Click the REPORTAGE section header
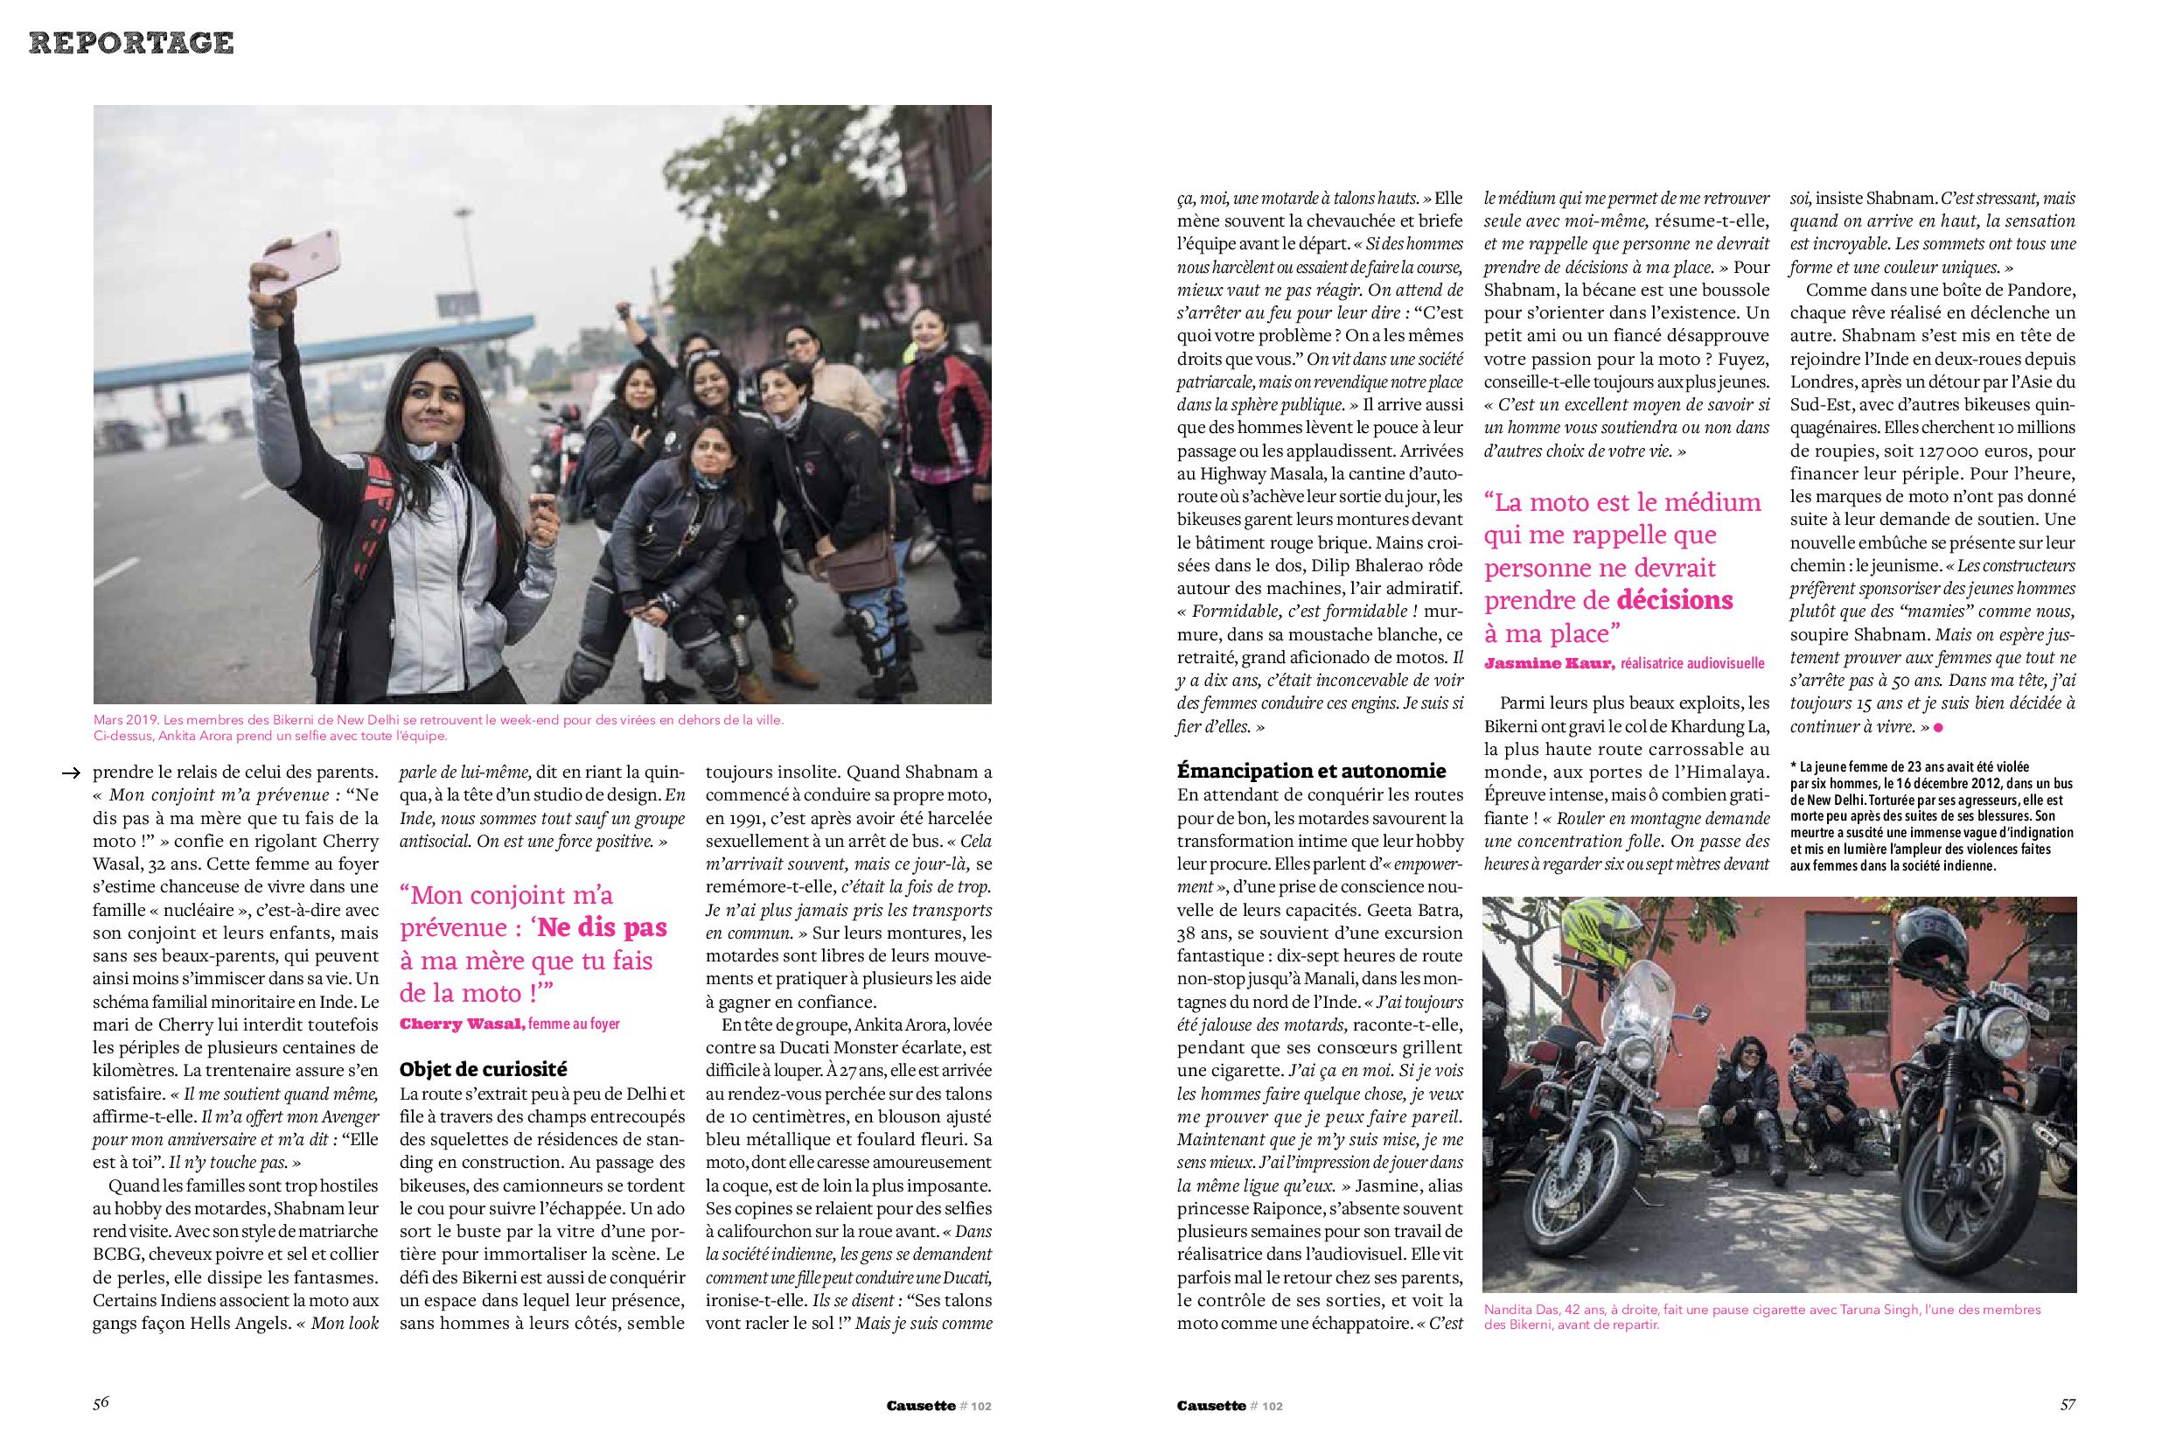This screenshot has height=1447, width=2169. click(x=131, y=43)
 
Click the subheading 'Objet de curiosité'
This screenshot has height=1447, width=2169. click(x=483, y=1070)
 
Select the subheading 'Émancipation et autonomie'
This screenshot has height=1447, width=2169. click(x=1311, y=771)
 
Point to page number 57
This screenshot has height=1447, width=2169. click(x=2068, y=1403)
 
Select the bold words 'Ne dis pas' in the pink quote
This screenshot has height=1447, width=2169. click(x=603, y=927)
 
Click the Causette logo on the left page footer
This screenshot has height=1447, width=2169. click(x=920, y=1406)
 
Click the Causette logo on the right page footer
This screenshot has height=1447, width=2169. click(x=1210, y=1406)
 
